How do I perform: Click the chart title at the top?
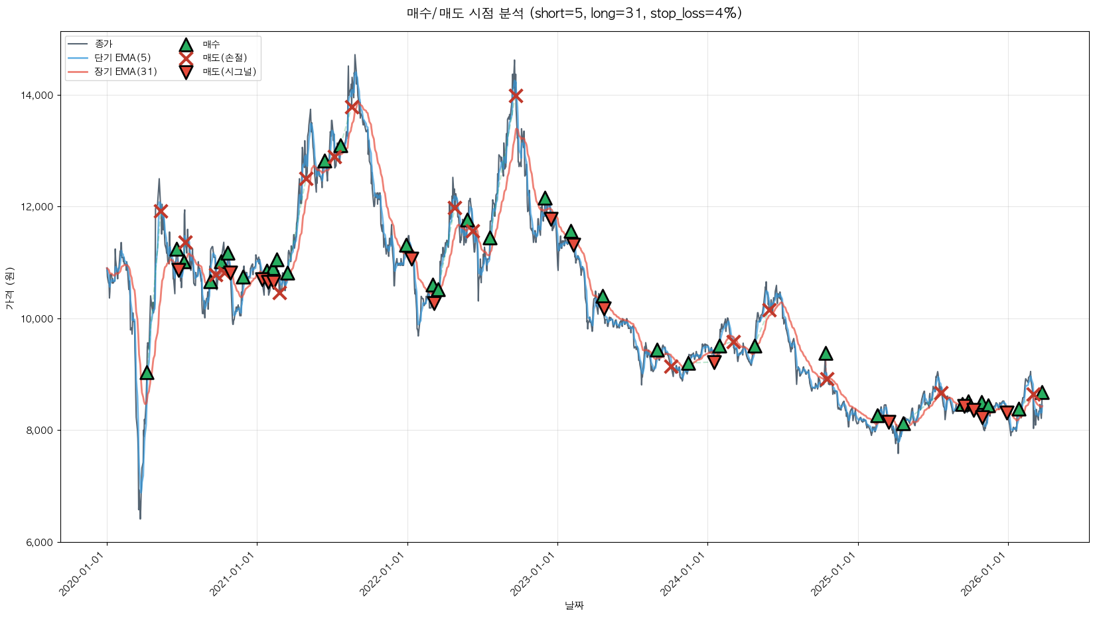click(x=574, y=13)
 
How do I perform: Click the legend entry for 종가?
click(x=104, y=44)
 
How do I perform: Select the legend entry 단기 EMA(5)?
click(x=122, y=58)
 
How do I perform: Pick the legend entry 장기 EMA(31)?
click(x=125, y=72)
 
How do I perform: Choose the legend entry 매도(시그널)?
click(x=229, y=72)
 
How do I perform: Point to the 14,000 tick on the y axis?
click(x=37, y=96)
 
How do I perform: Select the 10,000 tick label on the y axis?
click(x=37, y=319)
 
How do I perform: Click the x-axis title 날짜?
click(x=574, y=605)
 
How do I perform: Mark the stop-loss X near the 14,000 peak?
click(x=516, y=96)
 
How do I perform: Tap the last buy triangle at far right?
click(x=1042, y=393)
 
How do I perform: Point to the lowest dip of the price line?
click(x=140, y=517)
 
